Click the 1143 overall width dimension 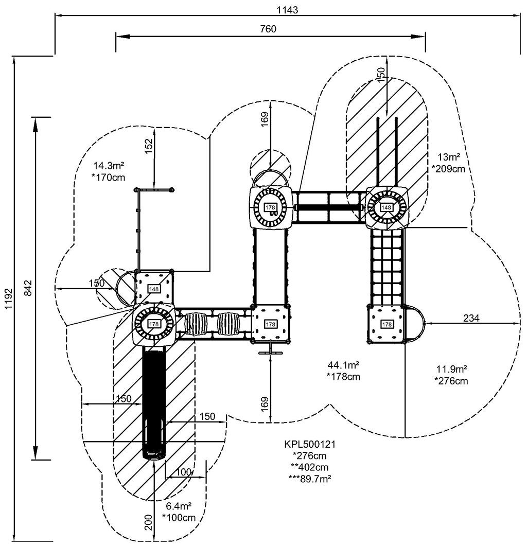pyautogui.click(x=287, y=10)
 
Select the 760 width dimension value pyautogui.click(x=268, y=29)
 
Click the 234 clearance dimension pyautogui.click(x=471, y=318)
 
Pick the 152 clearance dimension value pyautogui.click(x=149, y=146)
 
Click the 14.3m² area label pyautogui.click(x=109, y=165)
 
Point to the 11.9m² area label pyautogui.click(x=451, y=369)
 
